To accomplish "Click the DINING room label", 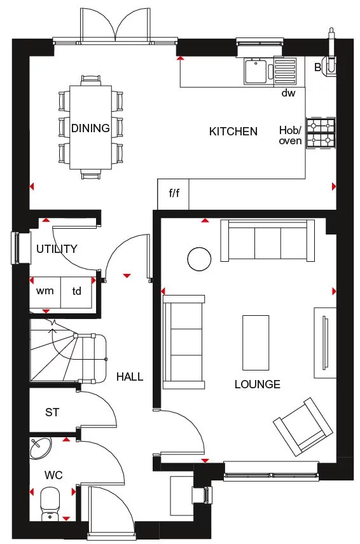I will click(90, 128).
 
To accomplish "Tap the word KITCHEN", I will click(233, 132).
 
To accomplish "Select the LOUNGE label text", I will click(257, 384).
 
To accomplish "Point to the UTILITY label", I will click(57, 248).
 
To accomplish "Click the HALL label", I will click(129, 377).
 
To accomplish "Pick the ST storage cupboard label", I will click(52, 412).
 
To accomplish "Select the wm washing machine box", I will click(45, 292).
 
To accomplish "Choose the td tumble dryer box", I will click(76, 292).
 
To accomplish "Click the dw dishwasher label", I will click(289, 93).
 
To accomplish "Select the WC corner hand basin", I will click(39, 448).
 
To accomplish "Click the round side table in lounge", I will click(198, 258).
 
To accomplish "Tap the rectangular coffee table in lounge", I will click(256, 342).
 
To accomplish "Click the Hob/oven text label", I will click(290, 135).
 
